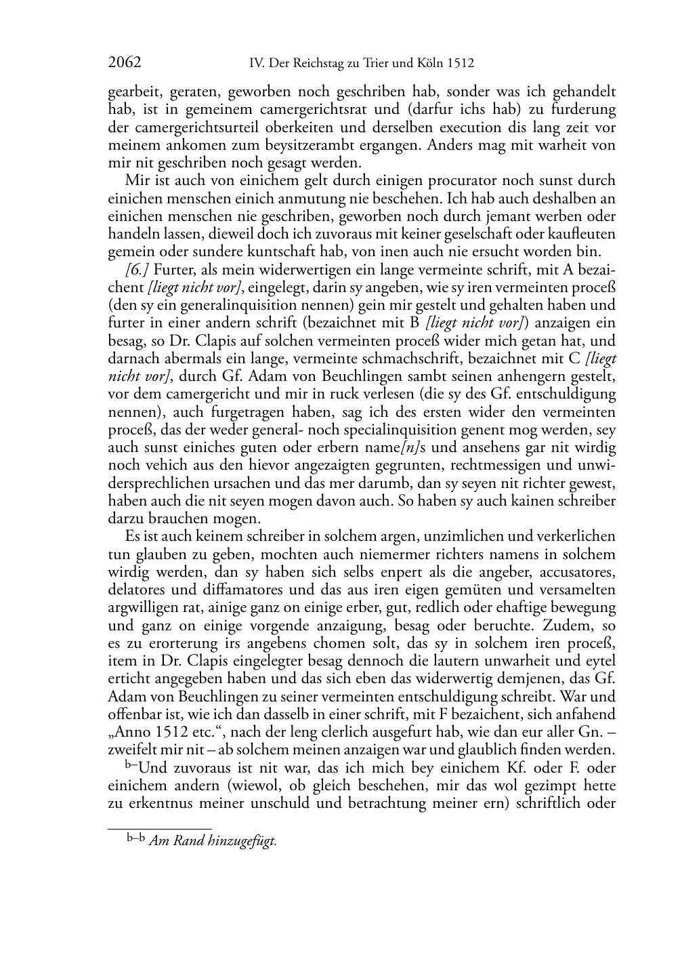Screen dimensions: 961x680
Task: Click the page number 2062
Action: point(125,63)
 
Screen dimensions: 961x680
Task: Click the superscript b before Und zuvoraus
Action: point(129,764)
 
